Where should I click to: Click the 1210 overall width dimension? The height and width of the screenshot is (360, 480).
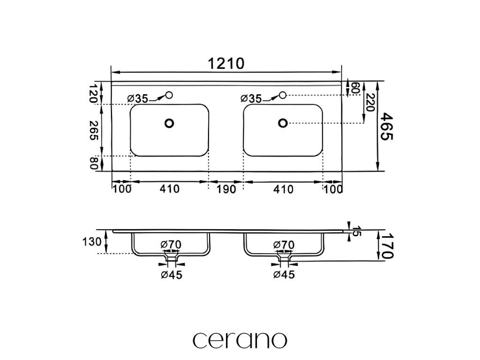pos(227,63)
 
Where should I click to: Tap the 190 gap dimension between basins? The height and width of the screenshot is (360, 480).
pos(225,189)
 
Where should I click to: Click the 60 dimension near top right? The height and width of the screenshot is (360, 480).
pos(355,88)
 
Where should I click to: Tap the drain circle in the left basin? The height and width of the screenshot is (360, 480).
pos(169,123)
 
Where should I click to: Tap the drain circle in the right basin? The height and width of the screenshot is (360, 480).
pos(283,123)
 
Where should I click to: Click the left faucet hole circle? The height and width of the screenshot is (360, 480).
pos(169,96)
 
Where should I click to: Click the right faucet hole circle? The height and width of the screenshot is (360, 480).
pos(283,96)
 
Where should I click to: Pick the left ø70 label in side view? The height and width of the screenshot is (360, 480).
pos(171,245)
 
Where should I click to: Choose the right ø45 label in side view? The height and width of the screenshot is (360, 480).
pos(284,275)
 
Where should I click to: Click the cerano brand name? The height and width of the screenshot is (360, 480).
pos(240,339)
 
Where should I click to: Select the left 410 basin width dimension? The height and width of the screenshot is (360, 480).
pos(169,189)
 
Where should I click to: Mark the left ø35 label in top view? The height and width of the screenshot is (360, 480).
pos(138,98)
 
